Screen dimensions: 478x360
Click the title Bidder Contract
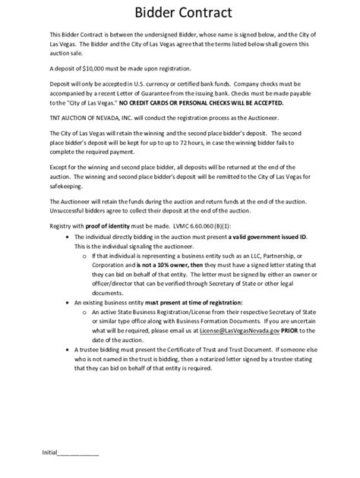[179, 13]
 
